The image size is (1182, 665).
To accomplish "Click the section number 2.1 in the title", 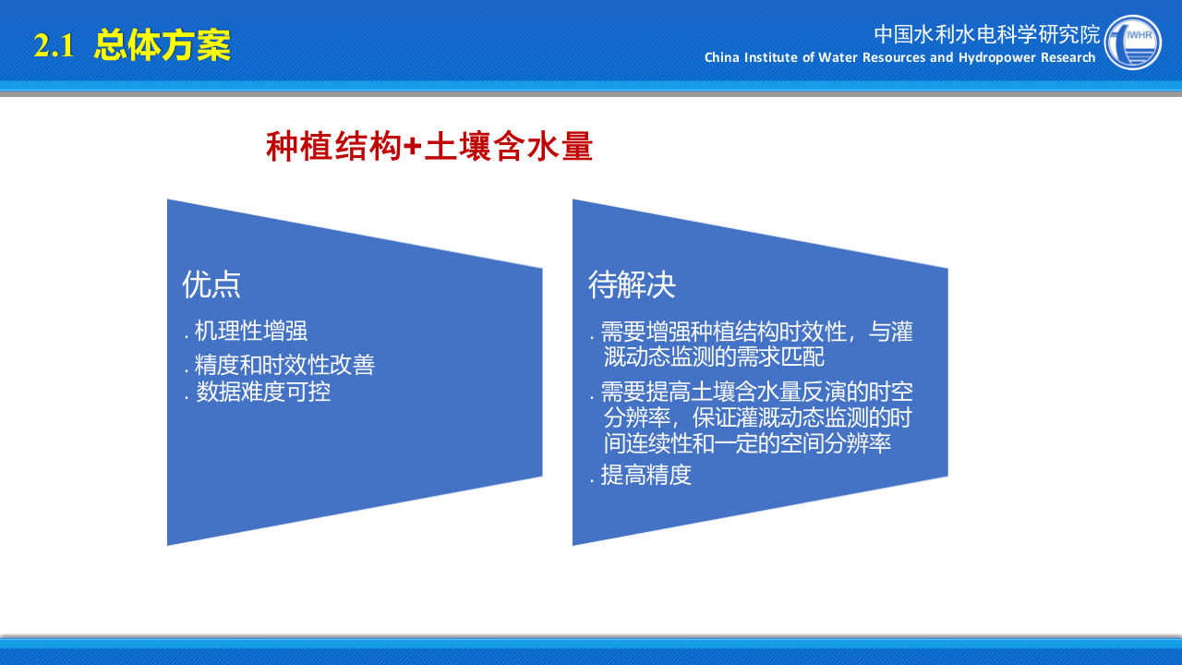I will coord(54,46).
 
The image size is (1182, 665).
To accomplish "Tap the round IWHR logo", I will coord(1133,42).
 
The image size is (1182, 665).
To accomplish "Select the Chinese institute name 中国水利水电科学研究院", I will coord(987,34).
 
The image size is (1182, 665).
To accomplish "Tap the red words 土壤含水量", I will coord(508,147).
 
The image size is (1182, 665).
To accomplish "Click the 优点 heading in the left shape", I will coord(211,284).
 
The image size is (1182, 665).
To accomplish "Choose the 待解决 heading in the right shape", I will coord(632,284).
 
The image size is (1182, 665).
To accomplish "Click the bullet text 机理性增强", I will coord(250,332).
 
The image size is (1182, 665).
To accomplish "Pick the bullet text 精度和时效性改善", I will coord(284,364).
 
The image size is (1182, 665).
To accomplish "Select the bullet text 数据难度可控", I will coord(262,392).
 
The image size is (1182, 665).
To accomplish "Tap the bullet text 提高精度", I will coord(645,475).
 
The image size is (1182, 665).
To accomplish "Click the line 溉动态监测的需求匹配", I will coord(713,357).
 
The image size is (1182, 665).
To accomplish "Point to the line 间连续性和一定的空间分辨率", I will coord(747,443).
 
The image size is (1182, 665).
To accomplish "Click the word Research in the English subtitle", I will coord(1068,58).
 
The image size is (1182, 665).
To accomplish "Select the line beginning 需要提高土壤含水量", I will coord(756,392).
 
